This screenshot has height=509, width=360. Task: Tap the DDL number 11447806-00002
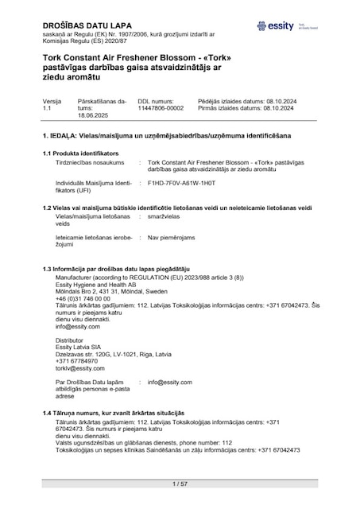161,108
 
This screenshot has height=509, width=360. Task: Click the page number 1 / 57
180,484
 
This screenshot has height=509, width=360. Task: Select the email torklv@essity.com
80,368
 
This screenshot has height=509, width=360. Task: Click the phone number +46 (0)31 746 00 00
83,298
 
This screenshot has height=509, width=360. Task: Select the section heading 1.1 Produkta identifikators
80,151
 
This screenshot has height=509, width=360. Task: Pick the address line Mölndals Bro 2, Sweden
106,291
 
